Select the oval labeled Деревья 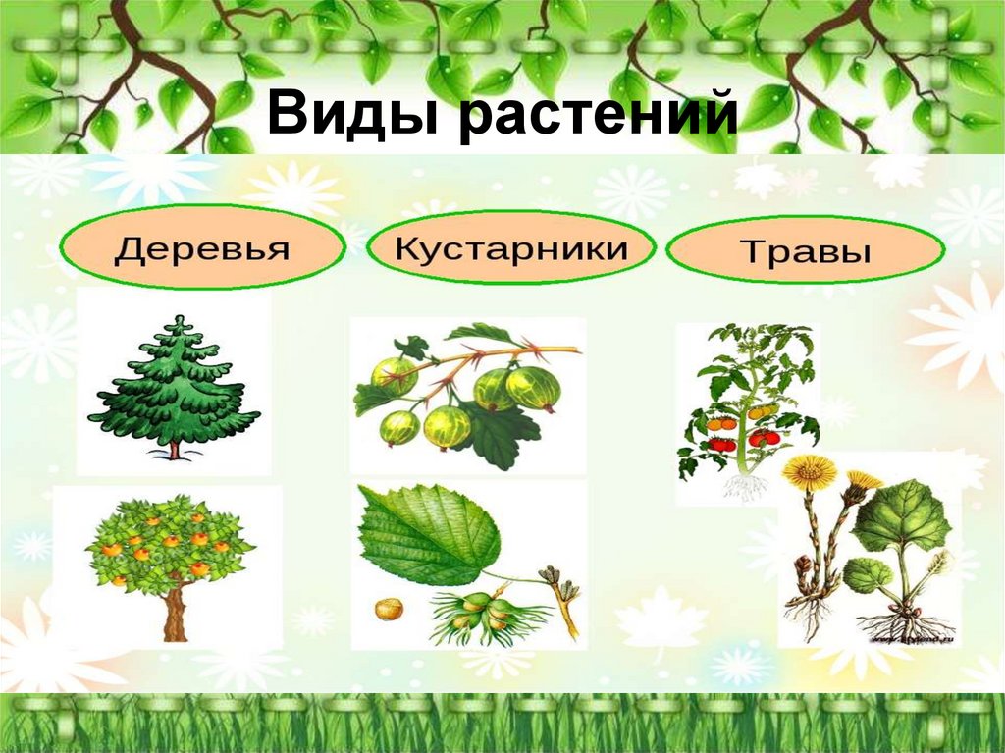tap(202, 247)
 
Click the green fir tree tap(174, 388)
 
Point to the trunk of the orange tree tap(175, 614)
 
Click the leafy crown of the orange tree tap(169, 545)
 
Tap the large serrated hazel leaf tap(427, 535)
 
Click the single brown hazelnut tap(389, 609)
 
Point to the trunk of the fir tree tap(174, 450)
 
